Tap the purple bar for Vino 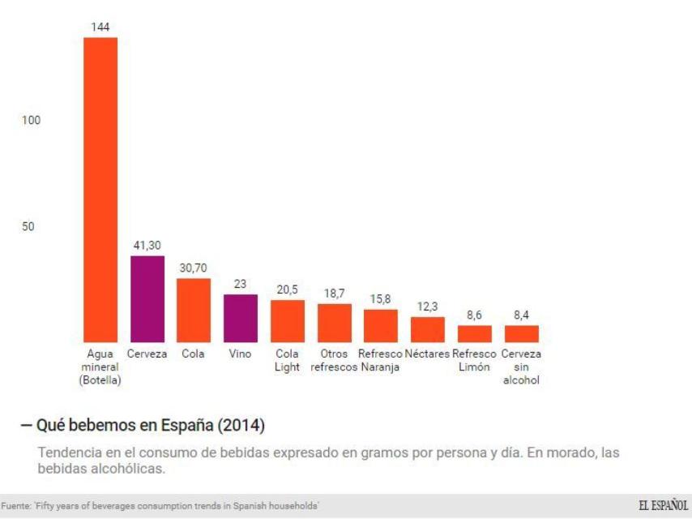click(241, 318)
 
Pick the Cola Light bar click(288, 321)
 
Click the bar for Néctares click(428, 329)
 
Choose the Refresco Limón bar click(474, 333)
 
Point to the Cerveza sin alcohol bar click(521, 333)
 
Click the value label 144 click(100, 28)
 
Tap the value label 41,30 click(147, 245)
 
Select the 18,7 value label click(334, 294)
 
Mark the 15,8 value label click(380, 299)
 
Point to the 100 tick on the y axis click(31, 120)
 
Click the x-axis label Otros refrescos click(334, 361)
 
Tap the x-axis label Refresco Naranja click(380, 361)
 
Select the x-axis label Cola click(194, 354)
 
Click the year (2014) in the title click(241, 425)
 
